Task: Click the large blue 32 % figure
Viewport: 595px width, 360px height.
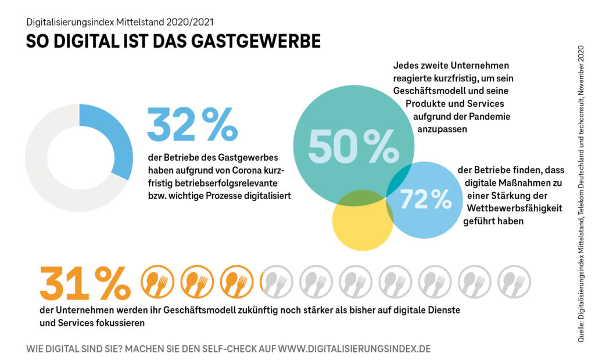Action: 192,124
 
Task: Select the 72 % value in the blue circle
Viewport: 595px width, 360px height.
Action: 426,199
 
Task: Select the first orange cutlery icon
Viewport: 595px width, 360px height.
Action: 157,282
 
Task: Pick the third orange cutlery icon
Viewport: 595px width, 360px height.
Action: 236,282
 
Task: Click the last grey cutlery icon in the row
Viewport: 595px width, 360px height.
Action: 514,282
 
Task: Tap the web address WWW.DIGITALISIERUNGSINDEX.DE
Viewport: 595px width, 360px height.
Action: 354,349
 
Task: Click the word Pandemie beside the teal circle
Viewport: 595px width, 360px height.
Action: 491,117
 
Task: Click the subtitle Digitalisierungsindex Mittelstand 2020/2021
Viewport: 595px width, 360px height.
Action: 120,23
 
